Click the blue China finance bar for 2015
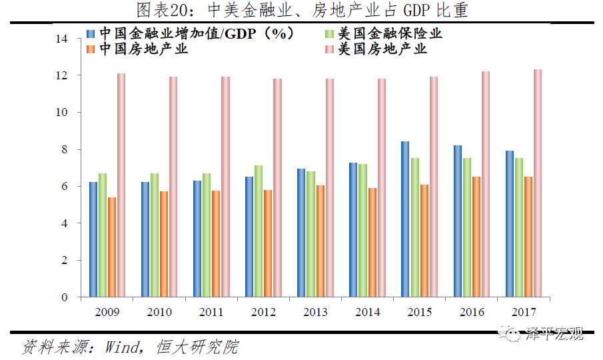tap(405, 219)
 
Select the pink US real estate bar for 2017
tap(537, 183)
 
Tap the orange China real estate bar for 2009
tap(112, 247)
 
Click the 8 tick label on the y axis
tap(65, 150)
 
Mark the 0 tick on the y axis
tap(65, 297)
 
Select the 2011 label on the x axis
tap(211, 312)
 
